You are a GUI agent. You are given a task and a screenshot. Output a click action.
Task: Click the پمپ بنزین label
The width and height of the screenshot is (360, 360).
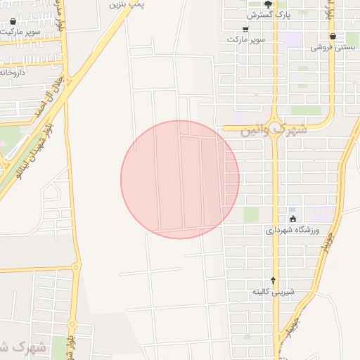click(127, 4)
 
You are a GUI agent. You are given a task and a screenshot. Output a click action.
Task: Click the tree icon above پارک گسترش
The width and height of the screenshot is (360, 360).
click(267, 4)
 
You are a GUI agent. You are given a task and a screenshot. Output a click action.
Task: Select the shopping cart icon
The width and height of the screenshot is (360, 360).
click(245, 29)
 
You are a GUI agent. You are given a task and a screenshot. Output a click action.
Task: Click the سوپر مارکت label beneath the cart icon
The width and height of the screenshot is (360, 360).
click(246, 39)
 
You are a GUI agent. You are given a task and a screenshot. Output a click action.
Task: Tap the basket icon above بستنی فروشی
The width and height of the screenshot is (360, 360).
click(333, 36)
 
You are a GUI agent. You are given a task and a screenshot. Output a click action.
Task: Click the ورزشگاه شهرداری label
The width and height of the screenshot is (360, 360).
click(292, 230)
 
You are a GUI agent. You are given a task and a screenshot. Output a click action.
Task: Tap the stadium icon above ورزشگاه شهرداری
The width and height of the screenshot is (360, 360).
click(292, 219)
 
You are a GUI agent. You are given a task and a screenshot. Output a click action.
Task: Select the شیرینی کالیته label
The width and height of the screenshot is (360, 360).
click(274, 291)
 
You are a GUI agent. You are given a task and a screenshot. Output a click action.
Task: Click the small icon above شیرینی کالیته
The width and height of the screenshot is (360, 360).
click(274, 281)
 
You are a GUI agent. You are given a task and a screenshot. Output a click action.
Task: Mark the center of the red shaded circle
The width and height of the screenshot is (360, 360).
click(180, 179)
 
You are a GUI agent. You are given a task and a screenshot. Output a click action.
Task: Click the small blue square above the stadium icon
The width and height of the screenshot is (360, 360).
click(292, 210)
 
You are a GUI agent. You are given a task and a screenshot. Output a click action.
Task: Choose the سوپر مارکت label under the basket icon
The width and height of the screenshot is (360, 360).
click(21, 32)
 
